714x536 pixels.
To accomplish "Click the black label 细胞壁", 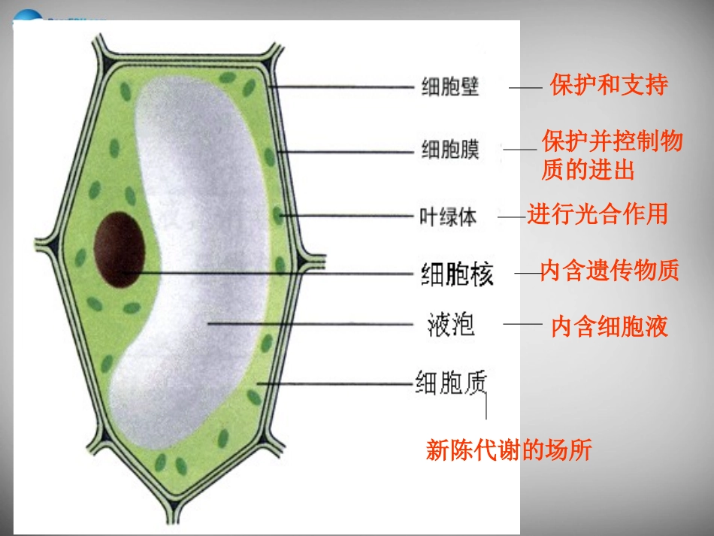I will tap(450, 87).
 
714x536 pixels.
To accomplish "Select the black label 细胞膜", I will tap(450, 150).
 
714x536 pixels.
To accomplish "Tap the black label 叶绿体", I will tap(448, 217).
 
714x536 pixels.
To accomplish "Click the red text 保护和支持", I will tap(609, 84).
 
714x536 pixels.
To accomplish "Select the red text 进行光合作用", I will tap(598, 214).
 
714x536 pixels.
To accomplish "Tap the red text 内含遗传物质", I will tap(610, 271).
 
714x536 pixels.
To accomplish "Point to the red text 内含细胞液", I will tap(610, 326).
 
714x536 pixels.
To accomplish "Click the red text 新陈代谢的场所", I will tap(509, 450).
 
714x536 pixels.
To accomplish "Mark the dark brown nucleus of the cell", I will tap(119, 250).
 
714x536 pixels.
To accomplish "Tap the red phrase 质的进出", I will tap(588, 170).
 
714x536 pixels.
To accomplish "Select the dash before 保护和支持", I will tap(525, 89).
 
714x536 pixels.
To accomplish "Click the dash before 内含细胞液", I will tap(522, 324).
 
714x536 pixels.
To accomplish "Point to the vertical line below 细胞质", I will tap(486, 406).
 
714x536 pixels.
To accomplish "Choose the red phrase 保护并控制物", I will tap(612, 141).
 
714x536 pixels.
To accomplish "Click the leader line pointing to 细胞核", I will tap(271, 273).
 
